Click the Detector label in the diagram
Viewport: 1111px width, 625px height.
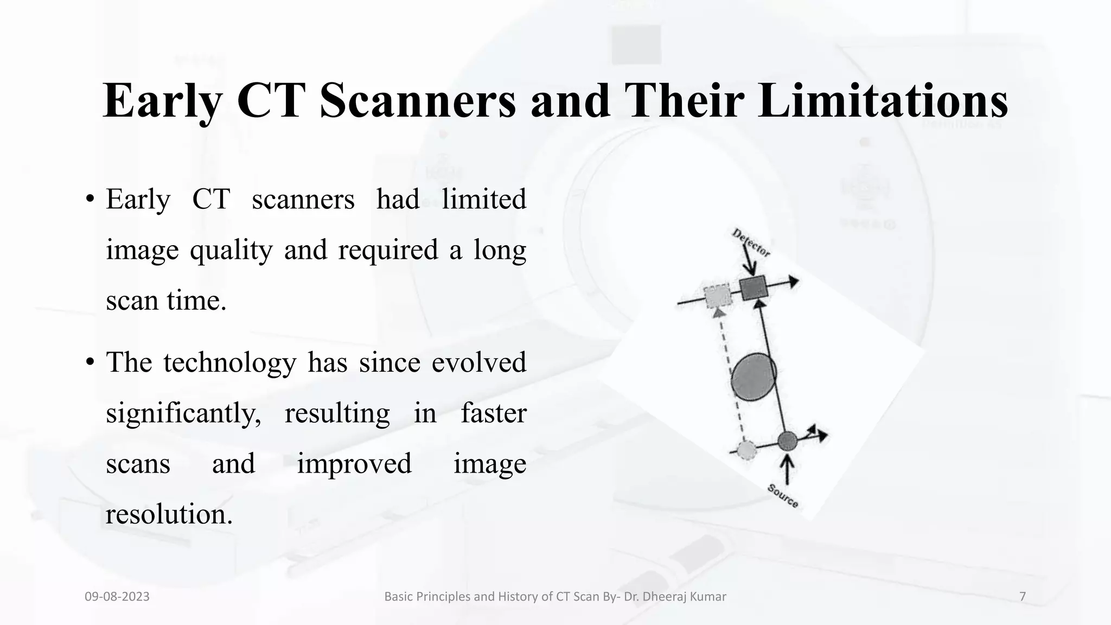point(751,243)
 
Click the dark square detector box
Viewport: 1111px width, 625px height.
point(754,288)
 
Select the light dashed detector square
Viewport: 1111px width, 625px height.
point(718,297)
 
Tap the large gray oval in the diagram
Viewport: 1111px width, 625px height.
point(754,377)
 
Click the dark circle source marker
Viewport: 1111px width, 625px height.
point(787,441)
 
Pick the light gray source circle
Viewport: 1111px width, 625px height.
point(747,450)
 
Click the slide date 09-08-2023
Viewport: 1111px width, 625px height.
point(117,597)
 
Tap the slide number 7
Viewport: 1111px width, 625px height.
point(1023,597)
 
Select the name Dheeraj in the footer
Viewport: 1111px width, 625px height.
point(666,597)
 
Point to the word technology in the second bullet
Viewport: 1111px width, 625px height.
point(230,363)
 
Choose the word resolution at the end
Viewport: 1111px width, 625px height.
point(169,514)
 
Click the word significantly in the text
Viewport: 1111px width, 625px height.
point(183,414)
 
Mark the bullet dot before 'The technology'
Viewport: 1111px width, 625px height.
point(90,362)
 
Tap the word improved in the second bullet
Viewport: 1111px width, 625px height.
point(354,464)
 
